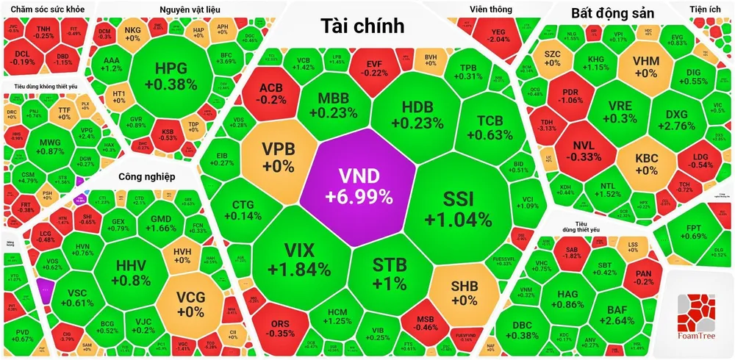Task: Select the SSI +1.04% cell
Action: point(458,208)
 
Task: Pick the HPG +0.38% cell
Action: point(171,76)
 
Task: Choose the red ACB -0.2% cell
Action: point(270,94)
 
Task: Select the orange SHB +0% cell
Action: point(464,292)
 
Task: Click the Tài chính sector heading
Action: point(362,26)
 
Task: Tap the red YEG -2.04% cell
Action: point(499,35)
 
